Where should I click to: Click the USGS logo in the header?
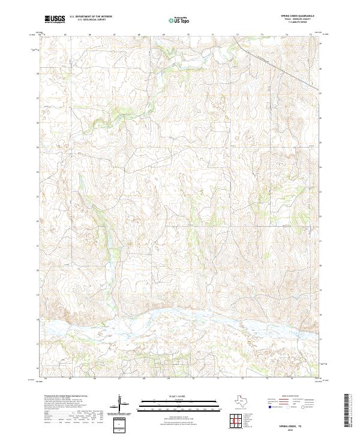coord(55,20)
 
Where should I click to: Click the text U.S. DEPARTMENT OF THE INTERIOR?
coord(91,17)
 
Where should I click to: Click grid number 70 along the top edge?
coord(188,35)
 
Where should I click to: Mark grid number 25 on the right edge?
coord(320,143)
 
